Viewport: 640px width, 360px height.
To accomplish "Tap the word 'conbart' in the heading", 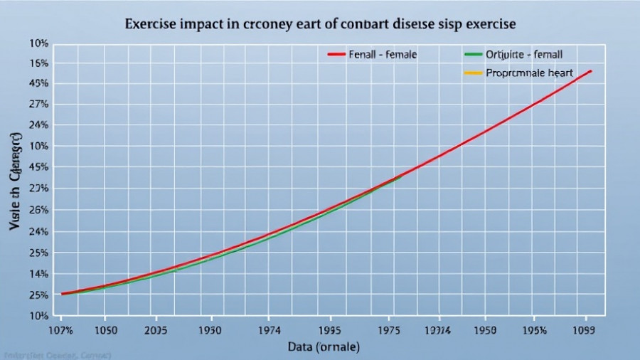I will pyautogui.click(x=350, y=23).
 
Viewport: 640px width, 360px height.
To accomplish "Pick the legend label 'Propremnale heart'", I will pyautogui.click(x=525, y=73).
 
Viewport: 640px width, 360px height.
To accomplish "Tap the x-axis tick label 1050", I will pyautogui.click(x=105, y=330).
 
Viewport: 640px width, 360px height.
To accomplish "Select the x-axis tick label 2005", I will pyautogui.click(x=156, y=330).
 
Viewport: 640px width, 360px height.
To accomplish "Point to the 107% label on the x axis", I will pyautogui.click(x=61, y=330).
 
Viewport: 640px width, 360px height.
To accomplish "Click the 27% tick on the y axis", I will pyautogui.click(x=38, y=104).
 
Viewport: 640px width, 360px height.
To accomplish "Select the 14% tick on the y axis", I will pyautogui.click(x=38, y=274).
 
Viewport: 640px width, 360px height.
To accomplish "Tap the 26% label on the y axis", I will pyautogui.click(x=38, y=211).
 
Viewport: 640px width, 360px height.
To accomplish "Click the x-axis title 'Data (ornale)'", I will pyautogui.click(x=324, y=347).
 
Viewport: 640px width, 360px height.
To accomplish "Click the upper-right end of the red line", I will pyautogui.click(x=591, y=71).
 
